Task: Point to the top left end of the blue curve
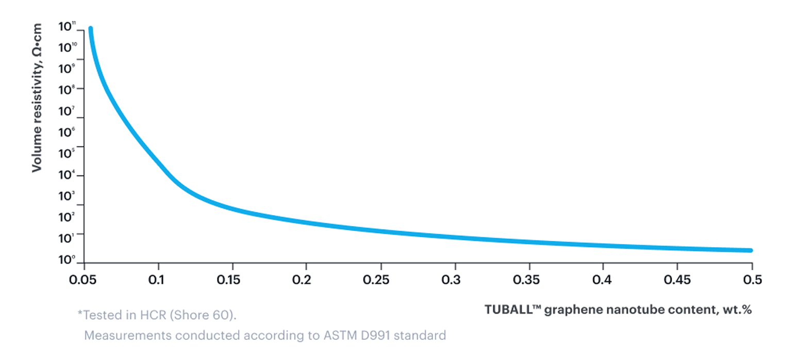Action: (90, 29)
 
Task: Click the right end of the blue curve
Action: (751, 251)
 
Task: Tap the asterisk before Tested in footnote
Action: (79, 313)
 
